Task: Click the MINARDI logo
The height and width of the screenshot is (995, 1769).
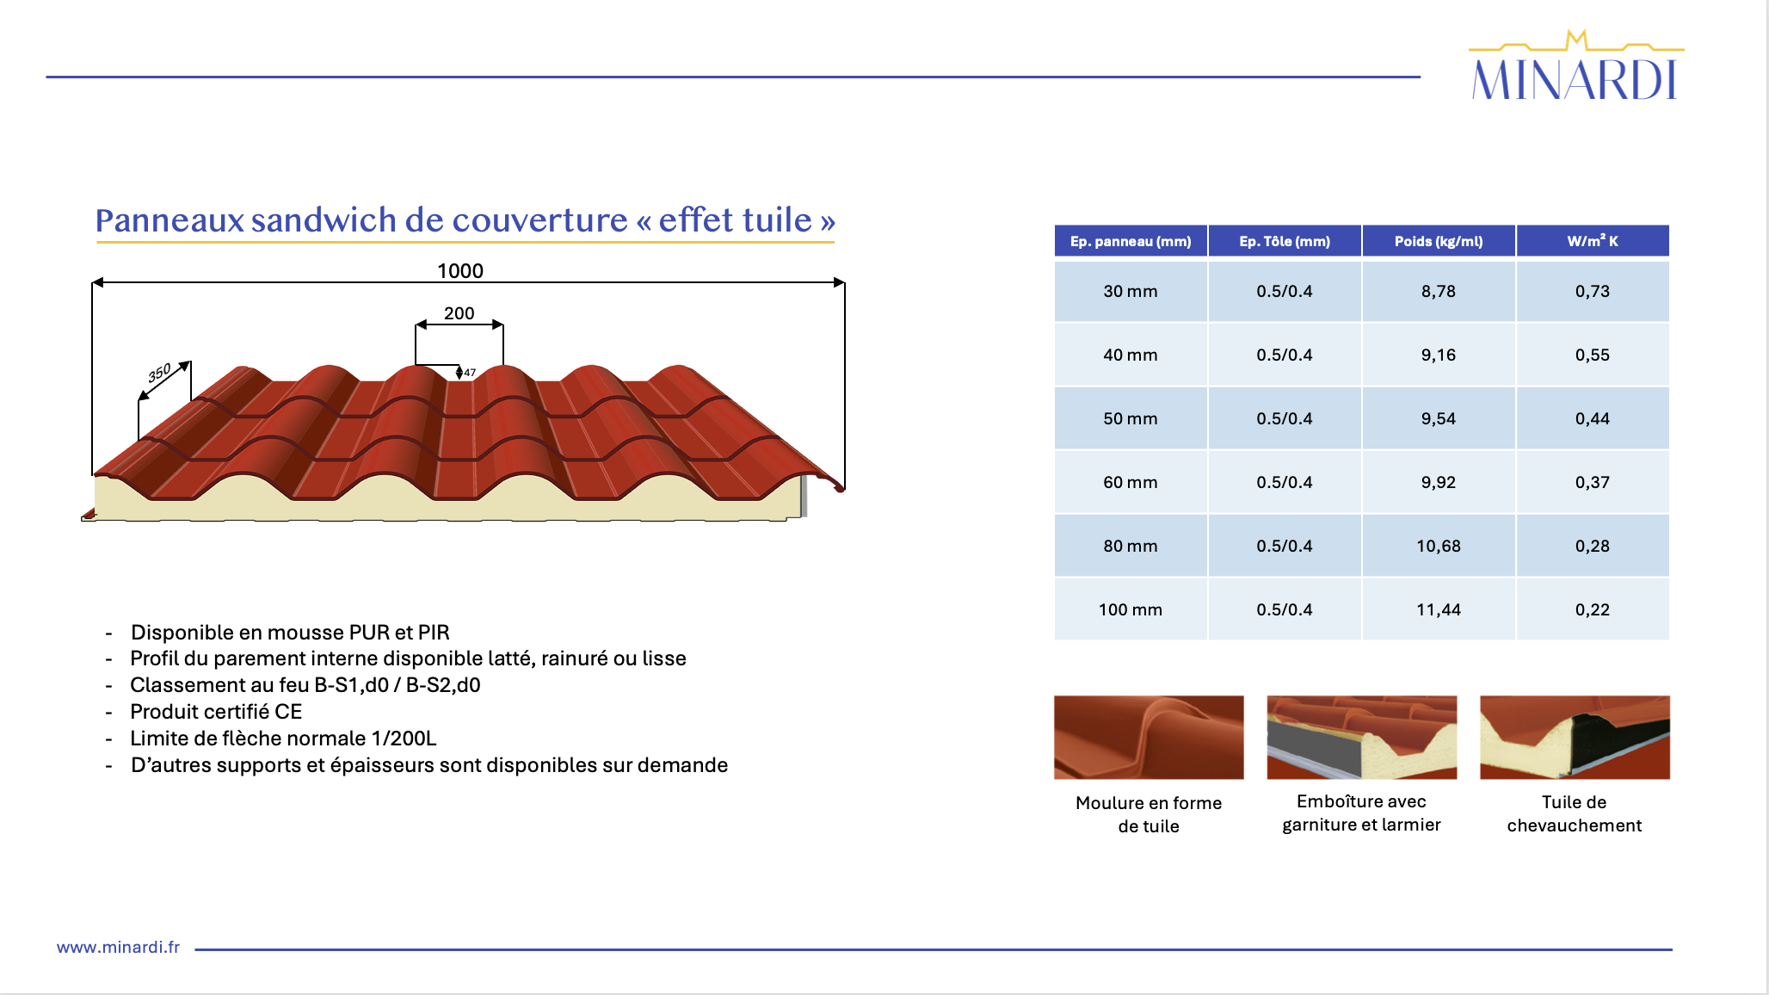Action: pos(1575,66)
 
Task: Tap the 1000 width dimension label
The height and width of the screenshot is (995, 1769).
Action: pos(460,271)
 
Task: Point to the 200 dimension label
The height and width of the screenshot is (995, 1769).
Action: pos(459,313)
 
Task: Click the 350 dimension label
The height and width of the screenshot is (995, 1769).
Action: pos(159,373)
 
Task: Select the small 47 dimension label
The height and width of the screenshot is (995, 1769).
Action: pos(470,373)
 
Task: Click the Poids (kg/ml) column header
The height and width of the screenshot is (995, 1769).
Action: pos(1439,241)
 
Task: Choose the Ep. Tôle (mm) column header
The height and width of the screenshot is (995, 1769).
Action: pos(1285,241)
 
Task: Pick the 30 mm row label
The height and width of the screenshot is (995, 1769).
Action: pos(1131,291)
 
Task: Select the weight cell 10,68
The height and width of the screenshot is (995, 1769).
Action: pos(1439,546)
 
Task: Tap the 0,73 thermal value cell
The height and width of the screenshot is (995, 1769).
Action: pos(1593,291)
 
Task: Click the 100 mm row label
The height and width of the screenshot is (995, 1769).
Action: pos(1131,609)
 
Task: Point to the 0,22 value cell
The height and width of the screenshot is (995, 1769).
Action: pos(1593,609)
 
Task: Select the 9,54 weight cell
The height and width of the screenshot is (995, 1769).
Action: pos(1439,418)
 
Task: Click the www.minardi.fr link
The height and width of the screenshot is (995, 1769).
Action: pos(118,947)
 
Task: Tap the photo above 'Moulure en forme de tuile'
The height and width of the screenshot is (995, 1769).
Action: pos(1149,738)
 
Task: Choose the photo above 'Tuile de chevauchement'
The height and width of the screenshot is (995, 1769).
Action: pos(1575,738)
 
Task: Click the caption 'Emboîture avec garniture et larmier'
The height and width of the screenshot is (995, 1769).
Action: pos(1361,813)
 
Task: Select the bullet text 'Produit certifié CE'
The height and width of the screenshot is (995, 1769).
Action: pos(216,712)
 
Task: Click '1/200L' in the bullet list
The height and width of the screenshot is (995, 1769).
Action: pos(404,739)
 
